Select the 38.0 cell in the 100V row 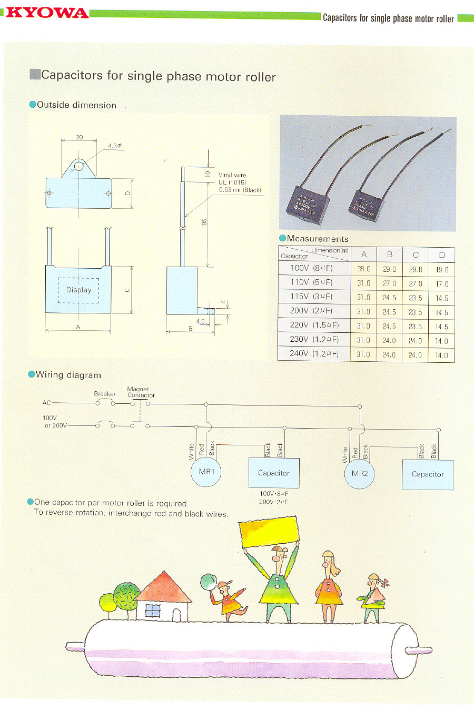point(364,269)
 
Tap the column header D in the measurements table point(442,255)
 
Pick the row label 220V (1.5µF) point(314,326)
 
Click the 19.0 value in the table point(442,269)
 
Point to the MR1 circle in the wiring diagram point(206,472)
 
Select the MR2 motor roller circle point(360,473)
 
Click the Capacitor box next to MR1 point(274,473)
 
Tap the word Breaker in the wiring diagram point(105,393)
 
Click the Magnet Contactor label point(141,392)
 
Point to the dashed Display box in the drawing point(78,290)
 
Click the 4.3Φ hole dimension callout point(115,146)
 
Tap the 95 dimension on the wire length point(204,222)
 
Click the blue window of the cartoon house point(153,611)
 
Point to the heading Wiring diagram point(68,375)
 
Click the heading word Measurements point(318,239)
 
